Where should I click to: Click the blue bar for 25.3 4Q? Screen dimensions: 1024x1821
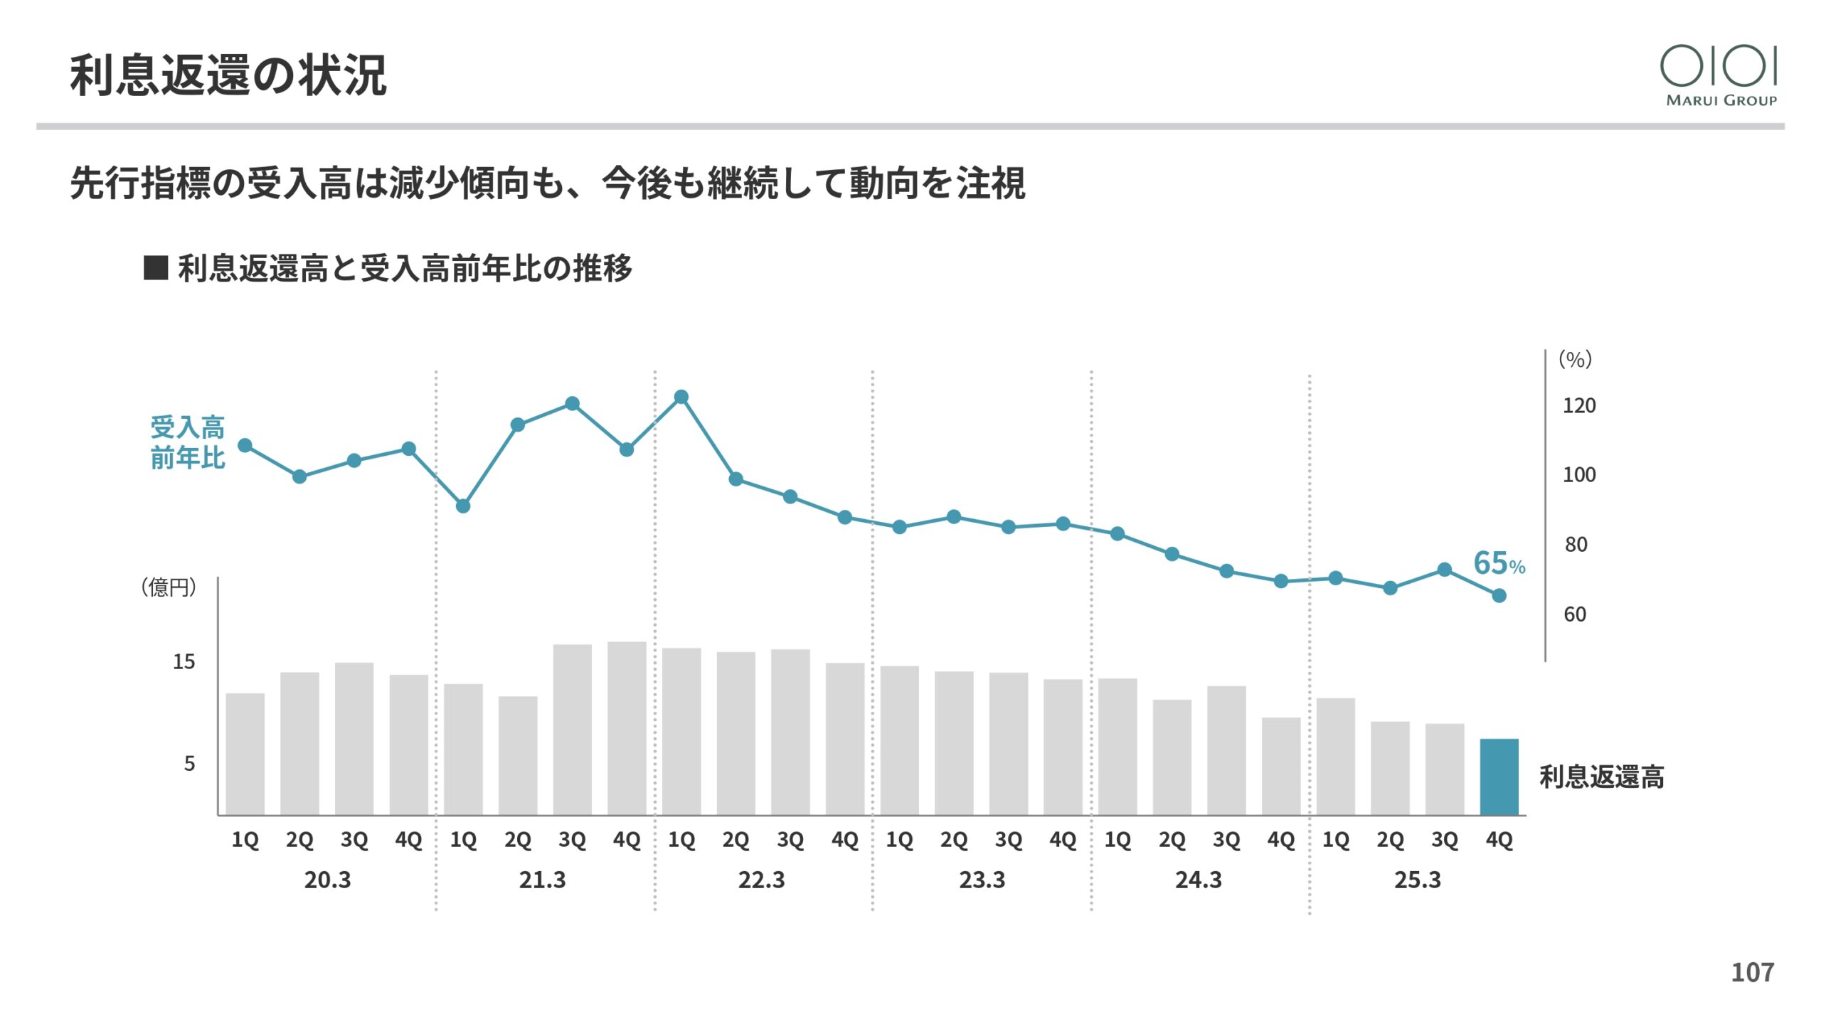[1499, 777]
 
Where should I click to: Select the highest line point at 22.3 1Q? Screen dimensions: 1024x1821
[681, 397]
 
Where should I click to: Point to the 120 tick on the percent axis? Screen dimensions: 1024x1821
[1578, 405]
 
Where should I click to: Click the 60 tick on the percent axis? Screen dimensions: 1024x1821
[1575, 614]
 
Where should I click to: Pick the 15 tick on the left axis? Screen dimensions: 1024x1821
[184, 662]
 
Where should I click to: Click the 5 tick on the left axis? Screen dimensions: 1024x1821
[189, 764]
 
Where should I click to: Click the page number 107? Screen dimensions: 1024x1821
[1752, 972]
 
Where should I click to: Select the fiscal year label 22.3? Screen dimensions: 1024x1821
[761, 880]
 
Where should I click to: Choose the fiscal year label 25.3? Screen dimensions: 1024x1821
[1417, 880]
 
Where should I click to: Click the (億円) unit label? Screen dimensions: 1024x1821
[169, 587]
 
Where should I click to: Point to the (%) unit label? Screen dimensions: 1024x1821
[1575, 359]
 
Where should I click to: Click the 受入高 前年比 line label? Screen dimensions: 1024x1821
[187, 442]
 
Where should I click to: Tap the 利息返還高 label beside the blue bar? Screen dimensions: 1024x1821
[1601, 777]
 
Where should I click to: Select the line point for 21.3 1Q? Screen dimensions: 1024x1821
[463, 506]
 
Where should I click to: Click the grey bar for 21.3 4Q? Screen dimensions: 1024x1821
[627, 728]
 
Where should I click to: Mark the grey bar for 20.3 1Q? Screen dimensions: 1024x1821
[245, 754]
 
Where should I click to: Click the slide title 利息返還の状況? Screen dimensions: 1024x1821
[228, 75]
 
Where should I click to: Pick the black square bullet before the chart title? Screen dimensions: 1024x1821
[155, 268]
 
